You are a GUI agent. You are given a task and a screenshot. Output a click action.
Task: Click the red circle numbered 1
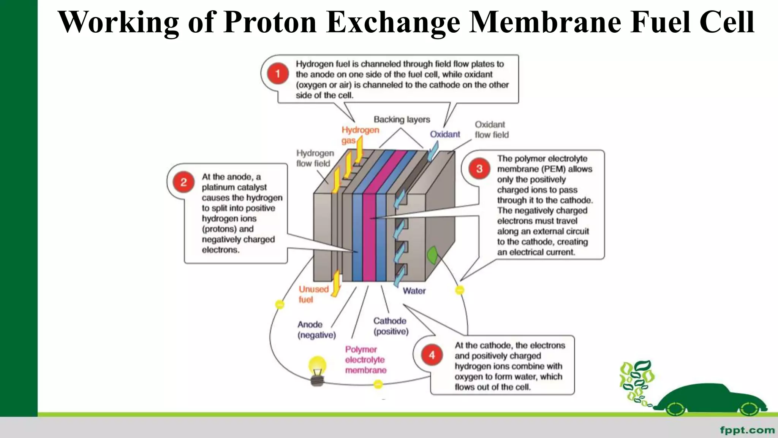pyautogui.click(x=278, y=73)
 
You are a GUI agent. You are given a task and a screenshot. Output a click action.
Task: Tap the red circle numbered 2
pyautogui.click(x=183, y=182)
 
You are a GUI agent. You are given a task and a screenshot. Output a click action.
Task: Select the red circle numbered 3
pyautogui.click(x=479, y=168)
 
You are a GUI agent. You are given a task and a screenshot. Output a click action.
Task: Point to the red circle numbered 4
pyautogui.click(x=432, y=355)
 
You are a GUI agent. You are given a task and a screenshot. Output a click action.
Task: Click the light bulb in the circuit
pyautogui.click(x=317, y=370)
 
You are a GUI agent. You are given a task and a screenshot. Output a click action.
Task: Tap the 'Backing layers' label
pyautogui.click(x=402, y=119)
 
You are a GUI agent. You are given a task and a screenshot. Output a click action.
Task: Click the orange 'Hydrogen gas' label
pyautogui.click(x=359, y=135)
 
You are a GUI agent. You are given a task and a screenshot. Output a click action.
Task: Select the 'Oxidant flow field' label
pyautogui.click(x=491, y=130)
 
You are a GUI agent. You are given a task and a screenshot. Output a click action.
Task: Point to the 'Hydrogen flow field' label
pyautogui.click(x=315, y=158)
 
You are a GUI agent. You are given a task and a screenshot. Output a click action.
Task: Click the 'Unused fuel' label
pyautogui.click(x=313, y=294)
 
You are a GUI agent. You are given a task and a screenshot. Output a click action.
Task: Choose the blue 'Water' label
pyautogui.click(x=414, y=291)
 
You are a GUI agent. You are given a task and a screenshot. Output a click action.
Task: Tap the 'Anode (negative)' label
pyautogui.click(x=316, y=330)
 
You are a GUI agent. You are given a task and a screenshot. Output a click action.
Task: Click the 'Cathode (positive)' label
pyautogui.click(x=391, y=326)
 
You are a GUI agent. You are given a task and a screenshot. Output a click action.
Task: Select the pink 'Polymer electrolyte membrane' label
pyautogui.click(x=365, y=360)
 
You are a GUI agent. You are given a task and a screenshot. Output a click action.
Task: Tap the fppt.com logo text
pyautogui.click(x=747, y=430)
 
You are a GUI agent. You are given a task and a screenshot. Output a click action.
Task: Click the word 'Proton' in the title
pyautogui.click(x=270, y=22)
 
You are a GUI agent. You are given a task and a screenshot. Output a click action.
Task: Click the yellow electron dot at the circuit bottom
pyautogui.click(x=378, y=384)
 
